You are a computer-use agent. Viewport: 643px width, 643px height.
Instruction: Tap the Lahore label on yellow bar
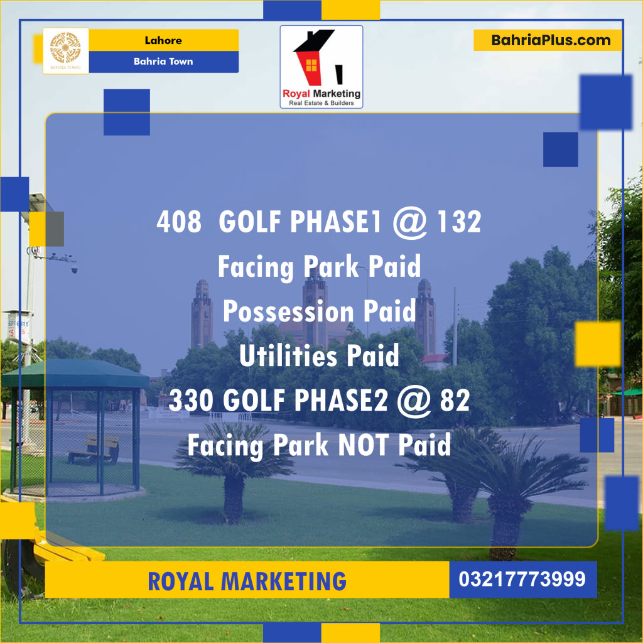coord(163,41)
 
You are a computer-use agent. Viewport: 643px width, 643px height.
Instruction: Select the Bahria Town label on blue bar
coord(163,62)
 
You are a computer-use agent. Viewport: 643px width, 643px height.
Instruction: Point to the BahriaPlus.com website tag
coord(551,41)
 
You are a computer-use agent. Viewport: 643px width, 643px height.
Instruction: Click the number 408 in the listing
coord(179,222)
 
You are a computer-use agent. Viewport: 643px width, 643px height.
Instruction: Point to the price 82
coord(455,401)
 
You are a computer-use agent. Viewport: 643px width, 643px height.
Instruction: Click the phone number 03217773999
coord(522,579)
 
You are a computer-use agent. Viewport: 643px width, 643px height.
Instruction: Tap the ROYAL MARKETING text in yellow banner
coord(247,580)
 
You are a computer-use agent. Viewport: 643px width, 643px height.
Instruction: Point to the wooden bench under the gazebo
coord(94,448)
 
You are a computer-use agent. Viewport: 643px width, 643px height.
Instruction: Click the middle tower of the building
coord(315,308)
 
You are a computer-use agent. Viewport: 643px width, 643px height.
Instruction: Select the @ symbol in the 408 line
coord(409,222)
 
